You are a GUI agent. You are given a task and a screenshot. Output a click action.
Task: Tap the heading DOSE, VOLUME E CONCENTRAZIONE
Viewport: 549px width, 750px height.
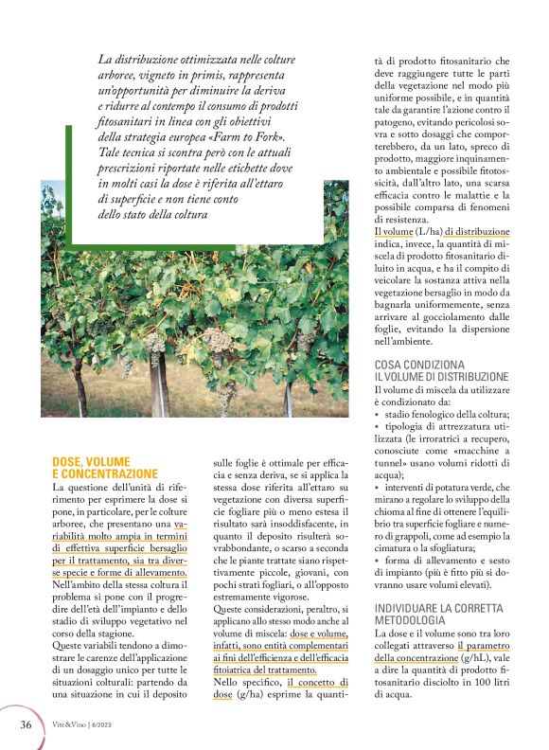click(x=104, y=467)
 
